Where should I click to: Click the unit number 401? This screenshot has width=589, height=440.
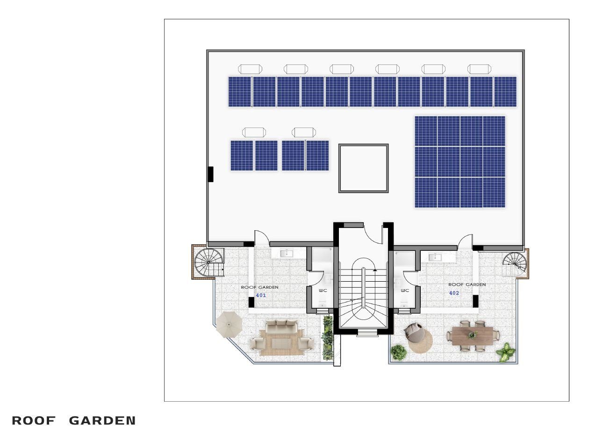point(261,295)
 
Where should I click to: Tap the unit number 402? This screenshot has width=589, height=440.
point(454,293)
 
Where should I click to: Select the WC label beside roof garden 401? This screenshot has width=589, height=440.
point(323,291)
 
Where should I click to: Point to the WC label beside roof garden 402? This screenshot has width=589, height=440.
point(405,291)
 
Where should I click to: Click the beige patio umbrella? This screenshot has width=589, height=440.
point(229,325)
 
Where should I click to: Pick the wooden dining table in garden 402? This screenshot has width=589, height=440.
point(473,335)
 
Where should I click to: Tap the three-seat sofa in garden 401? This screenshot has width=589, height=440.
point(281,327)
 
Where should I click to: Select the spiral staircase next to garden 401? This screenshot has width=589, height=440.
point(209,263)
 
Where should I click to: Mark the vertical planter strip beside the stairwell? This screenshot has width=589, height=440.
point(327,338)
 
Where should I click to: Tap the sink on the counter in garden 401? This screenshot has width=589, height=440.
point(287,253)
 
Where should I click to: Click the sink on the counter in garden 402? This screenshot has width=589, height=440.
point(435,257)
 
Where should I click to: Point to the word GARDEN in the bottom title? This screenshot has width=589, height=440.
point(102,421)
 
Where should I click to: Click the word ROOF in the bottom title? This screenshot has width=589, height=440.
point(34,421)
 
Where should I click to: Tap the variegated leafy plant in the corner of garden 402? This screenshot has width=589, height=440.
point(505,352)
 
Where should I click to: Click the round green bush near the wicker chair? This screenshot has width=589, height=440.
point(398,352)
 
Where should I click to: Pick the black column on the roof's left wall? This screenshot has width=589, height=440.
point(211,174)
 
